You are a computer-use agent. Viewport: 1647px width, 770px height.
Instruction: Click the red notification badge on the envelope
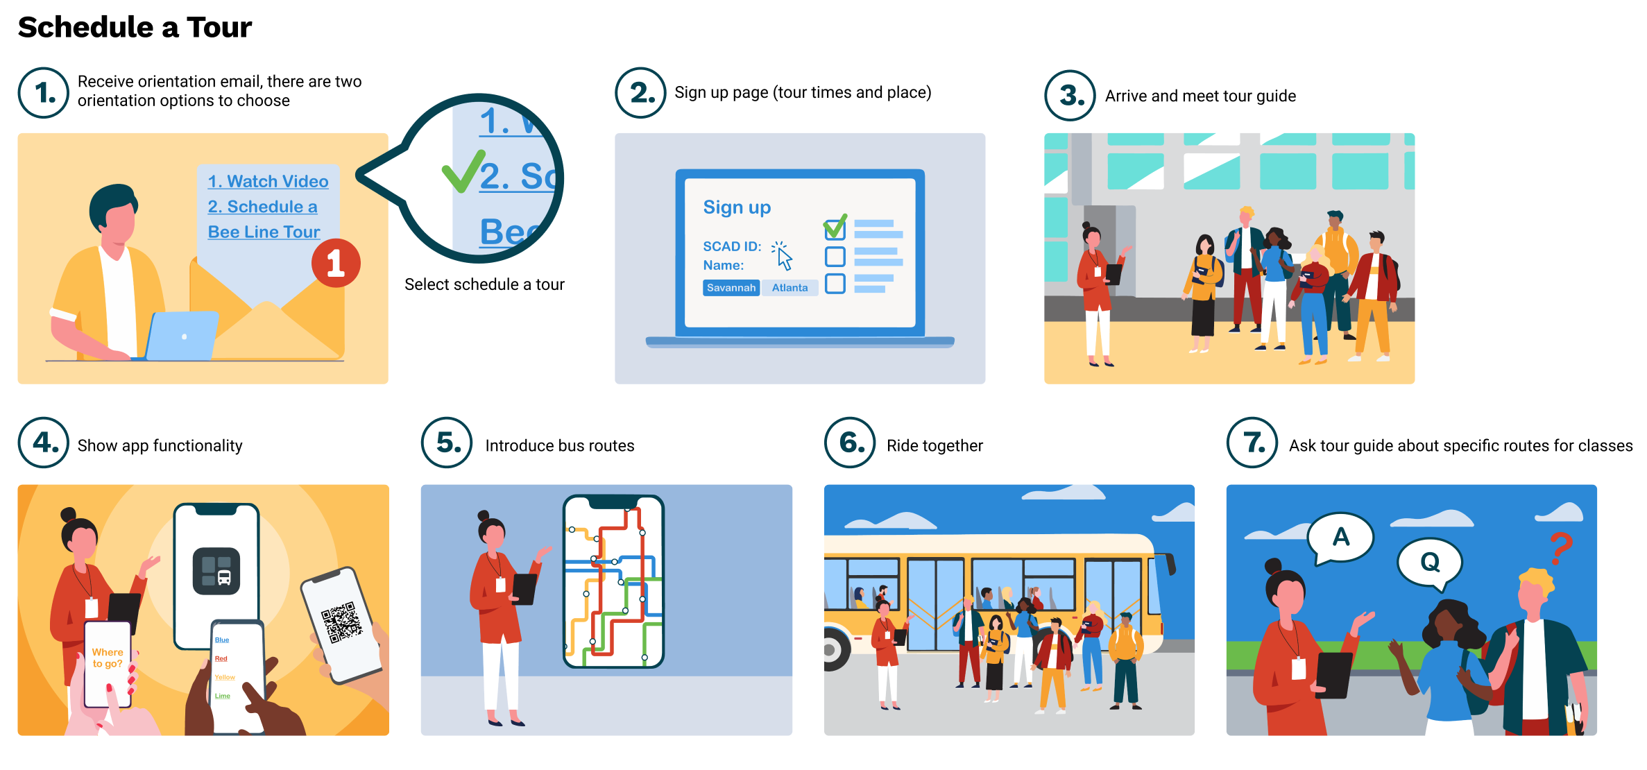pos(336,263)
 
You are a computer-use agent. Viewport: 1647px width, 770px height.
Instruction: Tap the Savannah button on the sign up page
pos(731,288)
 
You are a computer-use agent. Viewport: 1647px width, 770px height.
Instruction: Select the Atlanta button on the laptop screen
pos(790,288)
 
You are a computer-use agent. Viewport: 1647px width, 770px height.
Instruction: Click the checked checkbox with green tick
pos(835,228)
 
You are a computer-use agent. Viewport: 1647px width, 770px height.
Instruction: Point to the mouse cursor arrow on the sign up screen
pos(784,258)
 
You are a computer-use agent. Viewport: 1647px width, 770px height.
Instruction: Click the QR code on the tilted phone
pos(341,622)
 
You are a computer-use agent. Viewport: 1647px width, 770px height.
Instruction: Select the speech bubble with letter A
pos(1340,538)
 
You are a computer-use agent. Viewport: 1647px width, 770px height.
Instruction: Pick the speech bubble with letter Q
pos(1430,562)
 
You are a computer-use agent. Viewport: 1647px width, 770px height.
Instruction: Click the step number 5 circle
pos(447,443)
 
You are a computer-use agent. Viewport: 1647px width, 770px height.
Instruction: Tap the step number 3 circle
pos(1070,95)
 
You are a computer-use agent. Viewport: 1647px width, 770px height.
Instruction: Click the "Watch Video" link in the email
pos(268,182)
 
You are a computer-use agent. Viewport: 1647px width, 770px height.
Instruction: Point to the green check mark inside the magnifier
pos(463,171)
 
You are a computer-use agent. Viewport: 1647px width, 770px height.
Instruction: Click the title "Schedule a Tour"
pos(135,27)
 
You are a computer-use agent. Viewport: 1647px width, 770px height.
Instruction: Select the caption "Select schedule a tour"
pos(484,284)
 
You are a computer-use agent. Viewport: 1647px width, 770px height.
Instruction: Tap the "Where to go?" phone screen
pos(108,659)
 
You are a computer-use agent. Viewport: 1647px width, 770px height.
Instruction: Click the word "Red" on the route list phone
pos(221,658)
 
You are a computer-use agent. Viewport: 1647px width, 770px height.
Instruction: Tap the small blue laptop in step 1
pos(182,336)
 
